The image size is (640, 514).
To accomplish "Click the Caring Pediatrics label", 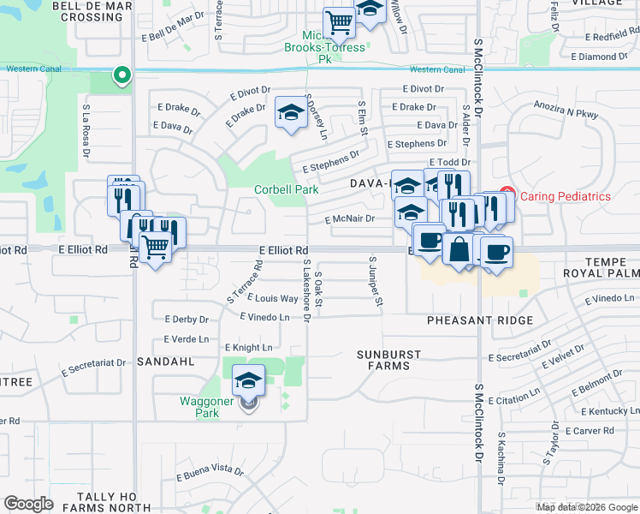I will pos(566,196).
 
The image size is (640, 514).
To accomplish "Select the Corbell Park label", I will pos(286,189).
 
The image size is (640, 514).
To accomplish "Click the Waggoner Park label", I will pos(199,407).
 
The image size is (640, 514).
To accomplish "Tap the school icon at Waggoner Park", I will pos(248,380).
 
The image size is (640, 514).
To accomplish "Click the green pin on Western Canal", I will pos(121,76).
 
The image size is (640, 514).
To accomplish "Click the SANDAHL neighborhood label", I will pos(165,362).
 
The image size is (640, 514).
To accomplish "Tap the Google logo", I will pos(28,504).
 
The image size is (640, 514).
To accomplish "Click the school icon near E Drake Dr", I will pos(291,113).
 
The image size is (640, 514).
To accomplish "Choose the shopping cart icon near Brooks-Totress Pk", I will pos(340,22).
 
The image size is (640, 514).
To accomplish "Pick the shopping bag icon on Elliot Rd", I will pos(459,250).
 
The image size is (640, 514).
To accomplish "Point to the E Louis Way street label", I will pos(272,299).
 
